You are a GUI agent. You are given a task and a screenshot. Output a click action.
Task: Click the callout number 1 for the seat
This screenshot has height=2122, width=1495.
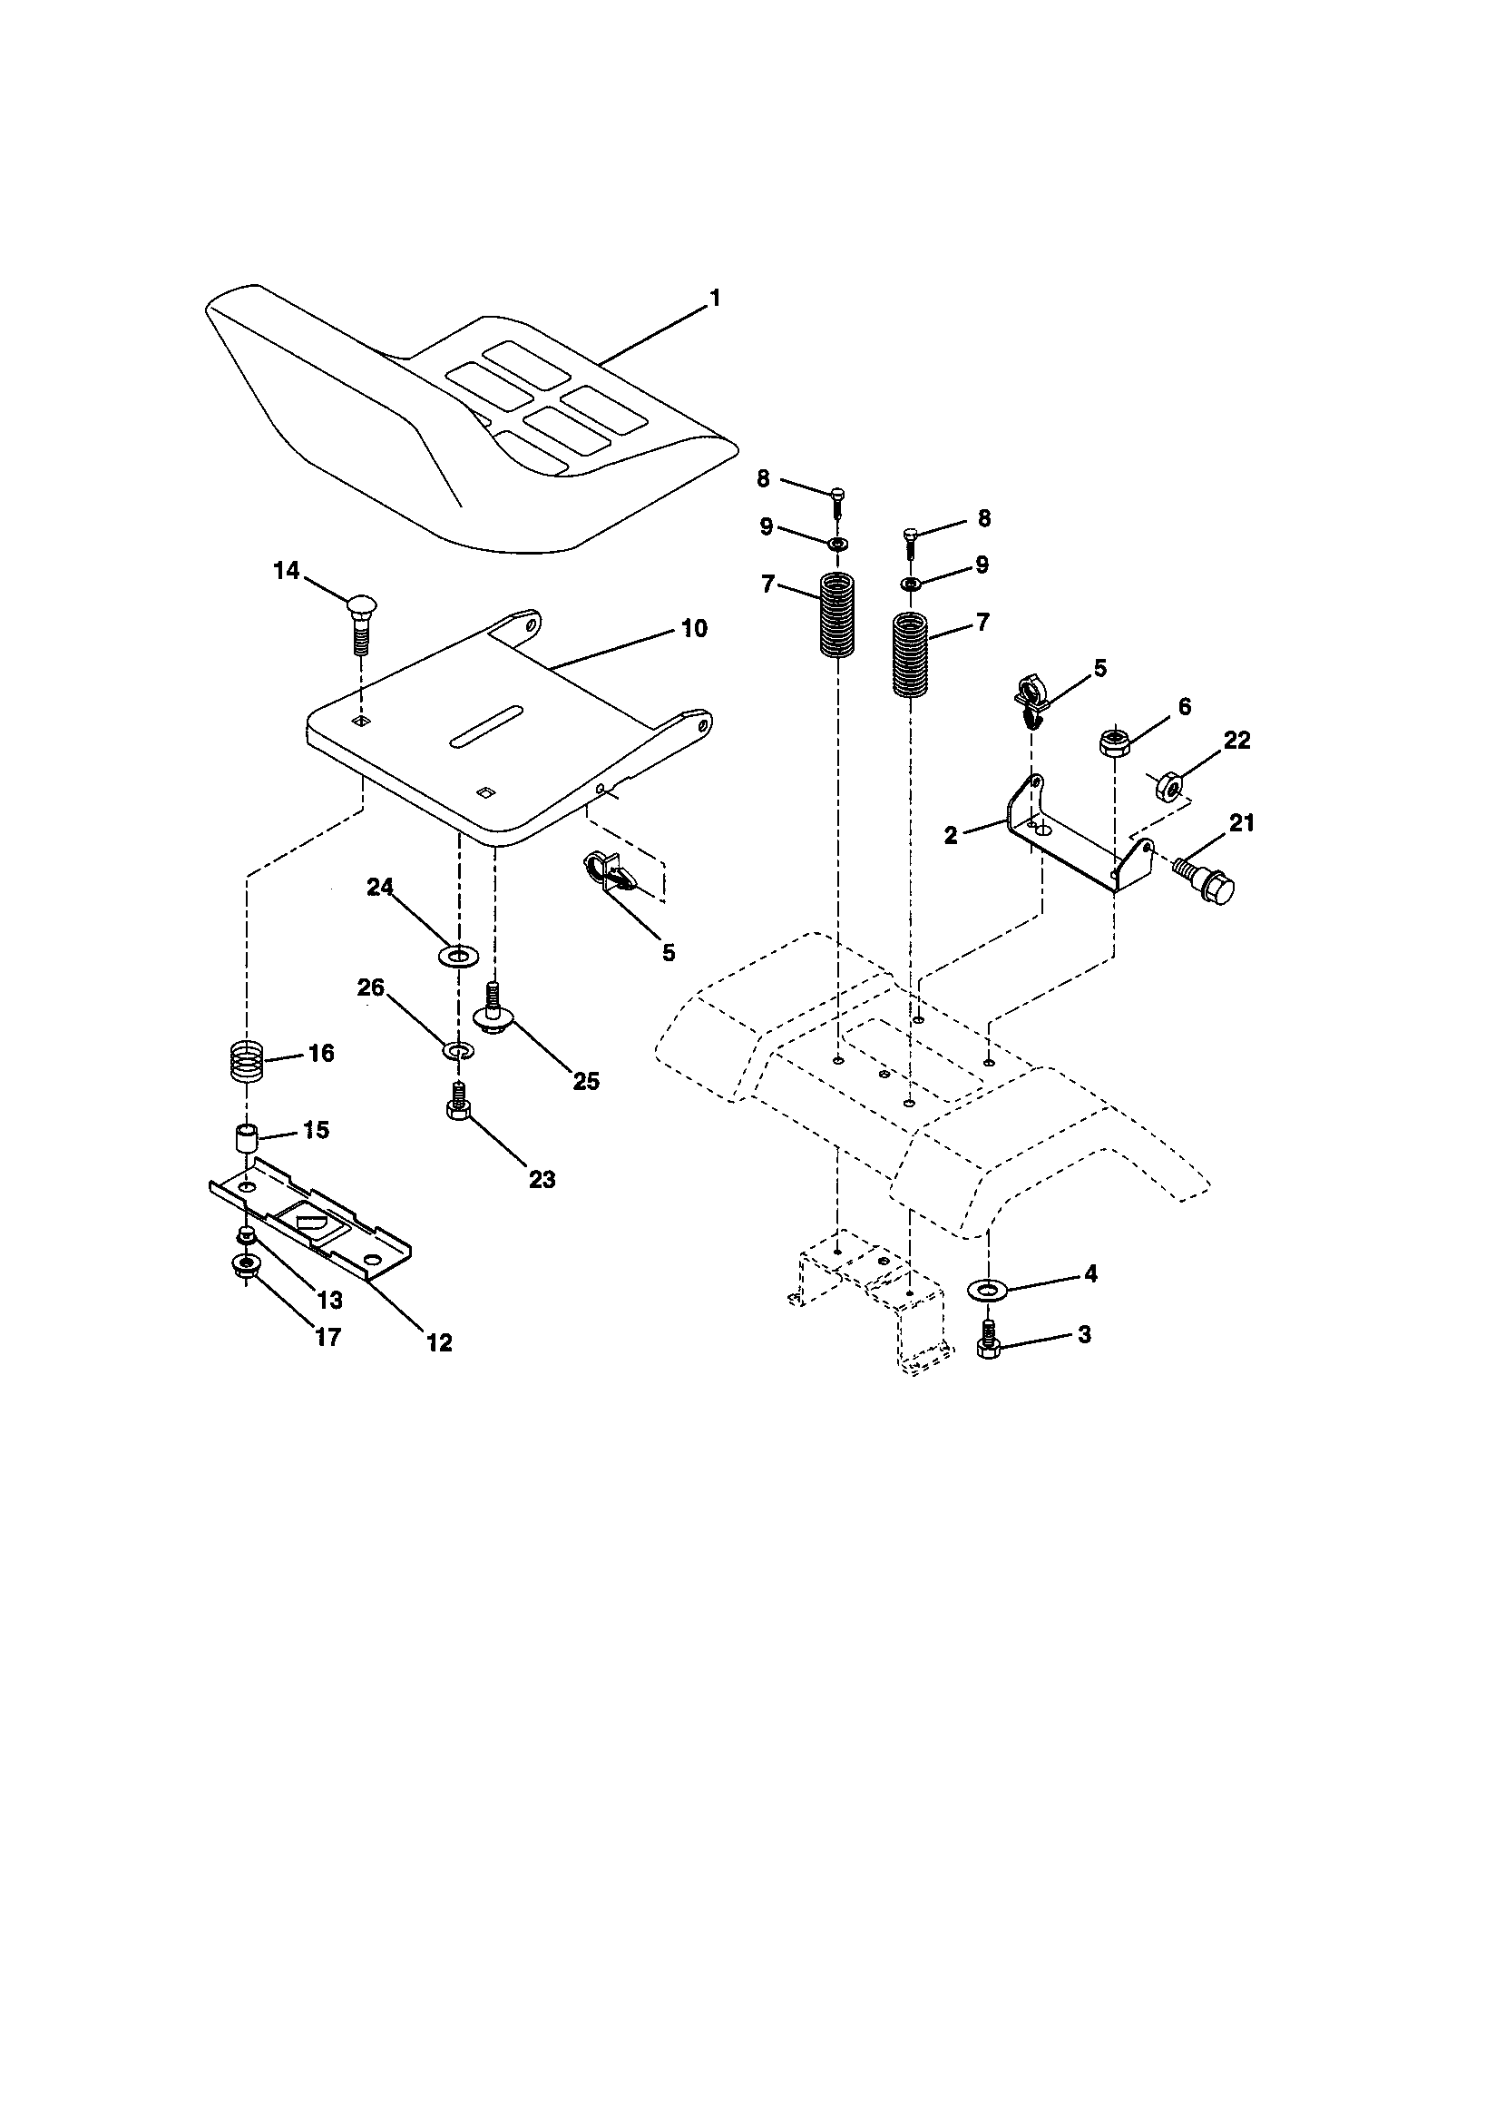(714, 299)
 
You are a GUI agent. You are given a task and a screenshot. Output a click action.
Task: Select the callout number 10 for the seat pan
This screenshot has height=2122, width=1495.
(694, 628)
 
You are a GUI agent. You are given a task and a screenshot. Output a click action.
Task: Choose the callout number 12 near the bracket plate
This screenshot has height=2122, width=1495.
(440, 1343)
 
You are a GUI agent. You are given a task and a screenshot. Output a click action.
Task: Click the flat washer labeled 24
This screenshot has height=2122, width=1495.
(457, 953)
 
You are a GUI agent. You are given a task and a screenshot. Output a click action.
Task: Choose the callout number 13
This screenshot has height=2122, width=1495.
(329, 1300)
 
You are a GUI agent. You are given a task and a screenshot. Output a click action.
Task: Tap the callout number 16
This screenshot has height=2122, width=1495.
(320, 1053)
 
